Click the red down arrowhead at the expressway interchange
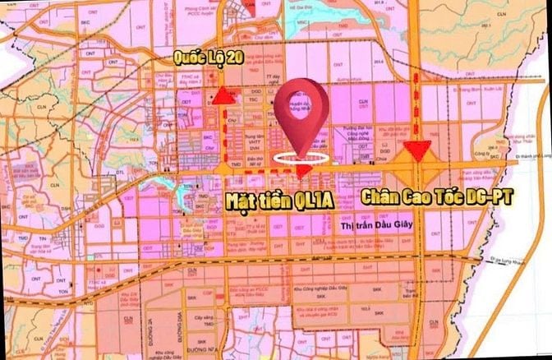(x=419, y=150)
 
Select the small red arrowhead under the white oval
(x=302, y=171)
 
